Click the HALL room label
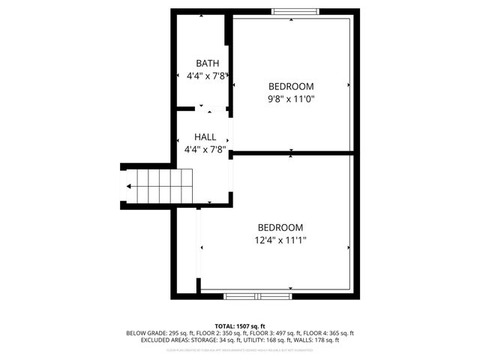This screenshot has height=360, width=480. [205, 137]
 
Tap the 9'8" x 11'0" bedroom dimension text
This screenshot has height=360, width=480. [291, 98]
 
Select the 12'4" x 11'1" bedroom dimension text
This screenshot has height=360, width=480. [280, 240]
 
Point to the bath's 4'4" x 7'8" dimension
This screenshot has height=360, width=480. [207, 76]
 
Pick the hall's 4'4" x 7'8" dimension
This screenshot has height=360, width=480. [205, 149]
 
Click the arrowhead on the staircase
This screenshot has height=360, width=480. [130, 186]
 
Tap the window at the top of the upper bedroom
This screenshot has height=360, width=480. [295, 11]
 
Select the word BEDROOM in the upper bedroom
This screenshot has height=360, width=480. [291, 86]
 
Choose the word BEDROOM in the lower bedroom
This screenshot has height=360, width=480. [280, 228]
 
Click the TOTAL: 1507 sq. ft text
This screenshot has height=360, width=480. [240, 326]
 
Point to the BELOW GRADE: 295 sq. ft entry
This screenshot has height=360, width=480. [158, 333]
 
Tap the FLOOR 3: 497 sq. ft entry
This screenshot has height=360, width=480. [273, 333]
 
